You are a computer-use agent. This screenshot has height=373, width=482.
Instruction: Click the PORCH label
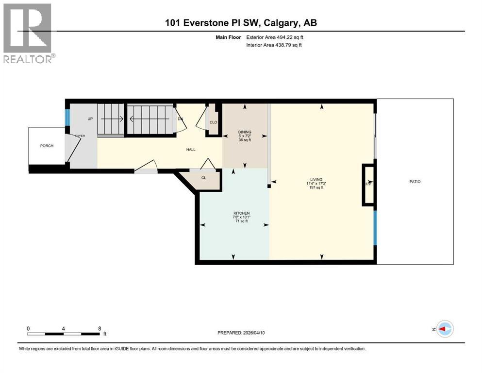point(47,146)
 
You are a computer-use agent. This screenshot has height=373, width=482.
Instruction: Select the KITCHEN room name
point(241,213)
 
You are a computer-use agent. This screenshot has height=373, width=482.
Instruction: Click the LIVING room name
point(317,179)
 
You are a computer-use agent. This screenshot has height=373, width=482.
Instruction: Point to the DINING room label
point(244,132)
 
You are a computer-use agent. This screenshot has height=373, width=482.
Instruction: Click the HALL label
point(191,150)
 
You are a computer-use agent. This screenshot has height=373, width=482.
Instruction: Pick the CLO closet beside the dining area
point(213,122)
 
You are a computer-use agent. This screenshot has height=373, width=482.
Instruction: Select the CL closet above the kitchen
point(204,178)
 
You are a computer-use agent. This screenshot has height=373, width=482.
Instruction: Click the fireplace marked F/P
point(368,185)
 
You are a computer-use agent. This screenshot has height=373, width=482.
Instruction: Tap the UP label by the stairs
point(90,119)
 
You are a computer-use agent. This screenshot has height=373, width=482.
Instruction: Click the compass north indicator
point(444,329)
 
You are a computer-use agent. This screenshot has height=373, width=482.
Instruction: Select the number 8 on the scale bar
point(100,328)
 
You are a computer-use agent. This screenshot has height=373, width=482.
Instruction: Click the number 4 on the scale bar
point(64,328)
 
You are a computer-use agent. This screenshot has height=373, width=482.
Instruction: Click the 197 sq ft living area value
point(316,187)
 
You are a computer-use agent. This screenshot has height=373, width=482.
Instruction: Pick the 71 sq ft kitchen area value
point(241,221)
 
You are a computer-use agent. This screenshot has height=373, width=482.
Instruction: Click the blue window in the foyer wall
point(68,117)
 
